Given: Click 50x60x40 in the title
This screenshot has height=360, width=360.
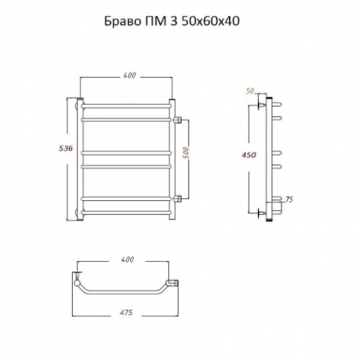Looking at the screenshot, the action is coord(211,22).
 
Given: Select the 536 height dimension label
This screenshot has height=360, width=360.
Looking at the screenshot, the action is coord(66,149).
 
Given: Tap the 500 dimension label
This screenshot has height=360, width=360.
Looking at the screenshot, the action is coord(186,153).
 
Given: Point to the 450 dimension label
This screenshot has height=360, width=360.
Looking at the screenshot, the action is coord(249,155).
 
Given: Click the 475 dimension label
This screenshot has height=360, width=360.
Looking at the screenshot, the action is coord(126,312).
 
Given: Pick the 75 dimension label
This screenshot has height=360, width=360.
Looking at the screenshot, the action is coord(289,200).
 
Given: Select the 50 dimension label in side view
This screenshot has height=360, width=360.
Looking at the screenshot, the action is coord(250,91).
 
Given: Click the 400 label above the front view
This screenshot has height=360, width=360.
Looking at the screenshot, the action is coord(130,75).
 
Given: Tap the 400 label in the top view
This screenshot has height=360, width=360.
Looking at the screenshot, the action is coord(127,259).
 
